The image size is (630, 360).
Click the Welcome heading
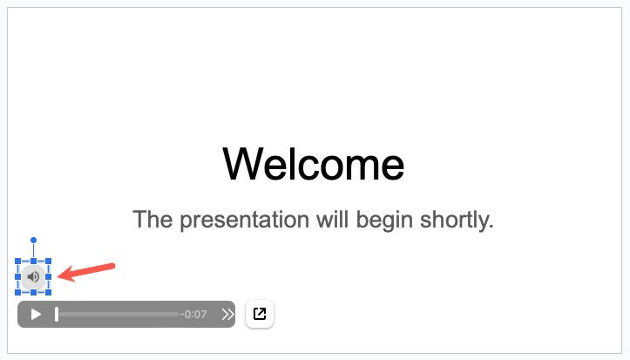pos(314,164)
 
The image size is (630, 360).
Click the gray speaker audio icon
pos(33,277)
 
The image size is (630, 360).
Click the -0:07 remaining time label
pos(193,315)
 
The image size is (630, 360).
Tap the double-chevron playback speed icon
pos(227,315)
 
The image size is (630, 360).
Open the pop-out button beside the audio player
pos(260,314)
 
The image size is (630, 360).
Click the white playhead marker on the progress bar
pos(57,314)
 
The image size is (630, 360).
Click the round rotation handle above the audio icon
pos(33,240)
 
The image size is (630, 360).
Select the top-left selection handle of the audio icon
pos(18,262)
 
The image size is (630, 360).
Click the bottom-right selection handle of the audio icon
pos(49,292)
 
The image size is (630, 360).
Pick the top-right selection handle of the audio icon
pos(49,262)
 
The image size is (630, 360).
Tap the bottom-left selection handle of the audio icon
pos(18,292)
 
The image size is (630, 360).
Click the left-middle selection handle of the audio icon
pos(18,277)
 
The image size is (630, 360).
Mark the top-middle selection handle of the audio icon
pos(33,262)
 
